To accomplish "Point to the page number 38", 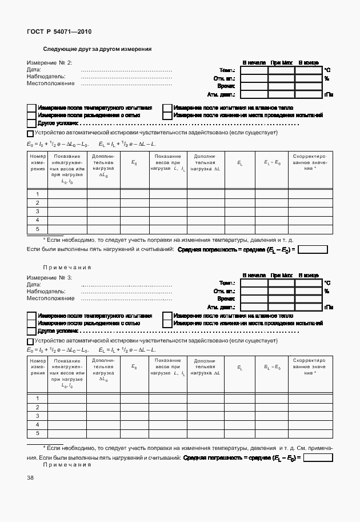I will click(x=30, y=478).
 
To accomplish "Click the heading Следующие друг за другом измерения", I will click(x=98, y=49).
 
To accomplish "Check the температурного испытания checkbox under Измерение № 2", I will click(x=31, y=107).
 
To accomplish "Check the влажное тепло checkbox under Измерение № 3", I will click(x=167, y=316).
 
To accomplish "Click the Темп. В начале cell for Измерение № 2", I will click(x=254, y=70).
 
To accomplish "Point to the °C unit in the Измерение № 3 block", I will click(x=327, y=282).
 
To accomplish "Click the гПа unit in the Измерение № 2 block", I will click(x=329, y=94).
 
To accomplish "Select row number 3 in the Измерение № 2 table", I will click(x=38, y=212).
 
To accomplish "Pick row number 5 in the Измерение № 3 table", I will click(x=38, y=434).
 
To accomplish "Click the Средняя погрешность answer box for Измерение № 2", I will click(x=313, y=249).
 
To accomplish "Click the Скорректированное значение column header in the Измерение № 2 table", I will click(x=310, y=162).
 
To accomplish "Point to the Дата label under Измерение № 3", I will click(x=34, y=284).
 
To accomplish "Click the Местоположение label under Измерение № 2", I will click(x=51, y=83).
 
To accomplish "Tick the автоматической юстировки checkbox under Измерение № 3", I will click(x=30, y=341).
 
